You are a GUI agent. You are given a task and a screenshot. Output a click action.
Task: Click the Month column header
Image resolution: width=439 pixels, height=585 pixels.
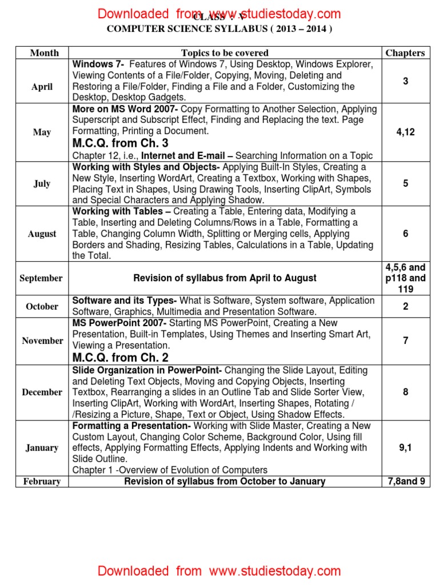coord(44,53)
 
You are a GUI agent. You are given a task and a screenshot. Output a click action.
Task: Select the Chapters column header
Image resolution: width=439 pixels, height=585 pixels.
coord(405,53)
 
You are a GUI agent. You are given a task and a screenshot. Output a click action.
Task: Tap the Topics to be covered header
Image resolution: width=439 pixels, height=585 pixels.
coord(225,53)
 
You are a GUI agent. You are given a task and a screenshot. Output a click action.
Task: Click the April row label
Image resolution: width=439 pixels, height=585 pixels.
coord(42,87)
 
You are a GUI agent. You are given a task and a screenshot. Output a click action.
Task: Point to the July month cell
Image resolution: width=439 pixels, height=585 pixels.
coord(42,184)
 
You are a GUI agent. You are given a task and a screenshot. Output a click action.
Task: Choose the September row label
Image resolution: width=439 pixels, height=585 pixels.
coord(41,278)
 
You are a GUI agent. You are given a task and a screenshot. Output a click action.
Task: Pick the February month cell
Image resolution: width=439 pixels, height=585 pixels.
coord(42,482)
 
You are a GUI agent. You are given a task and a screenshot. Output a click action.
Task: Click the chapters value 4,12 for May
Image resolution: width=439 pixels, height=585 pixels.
coord(405,132)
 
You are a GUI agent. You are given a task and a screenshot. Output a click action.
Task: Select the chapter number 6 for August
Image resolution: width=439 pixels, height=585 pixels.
coord(405,234)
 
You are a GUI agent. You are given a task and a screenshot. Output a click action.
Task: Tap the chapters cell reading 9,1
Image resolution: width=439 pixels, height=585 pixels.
coord(405,448)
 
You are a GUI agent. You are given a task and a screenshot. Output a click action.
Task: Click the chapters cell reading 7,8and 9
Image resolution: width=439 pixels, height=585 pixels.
coord(405,482)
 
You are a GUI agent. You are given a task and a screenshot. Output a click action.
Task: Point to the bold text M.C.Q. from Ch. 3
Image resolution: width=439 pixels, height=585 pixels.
coord(121,143)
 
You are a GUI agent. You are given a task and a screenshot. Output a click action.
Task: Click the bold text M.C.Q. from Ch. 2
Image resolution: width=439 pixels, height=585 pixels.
coord(121,358)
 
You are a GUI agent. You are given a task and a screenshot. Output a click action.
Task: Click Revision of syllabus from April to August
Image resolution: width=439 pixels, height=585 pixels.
coord(225,278)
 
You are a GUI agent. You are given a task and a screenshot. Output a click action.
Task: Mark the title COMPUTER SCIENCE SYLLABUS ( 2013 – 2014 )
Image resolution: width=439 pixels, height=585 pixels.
coord(219,29)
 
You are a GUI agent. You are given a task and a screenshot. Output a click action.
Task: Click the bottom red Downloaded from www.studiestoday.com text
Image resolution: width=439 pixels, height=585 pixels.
coord(219,571)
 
